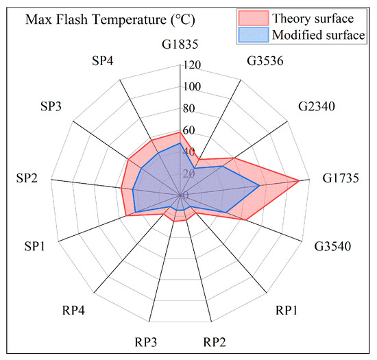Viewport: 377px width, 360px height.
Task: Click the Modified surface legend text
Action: click(328, 35)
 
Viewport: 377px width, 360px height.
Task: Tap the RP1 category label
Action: click(286, 310)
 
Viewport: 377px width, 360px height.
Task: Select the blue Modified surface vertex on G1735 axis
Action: click(259, 185)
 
